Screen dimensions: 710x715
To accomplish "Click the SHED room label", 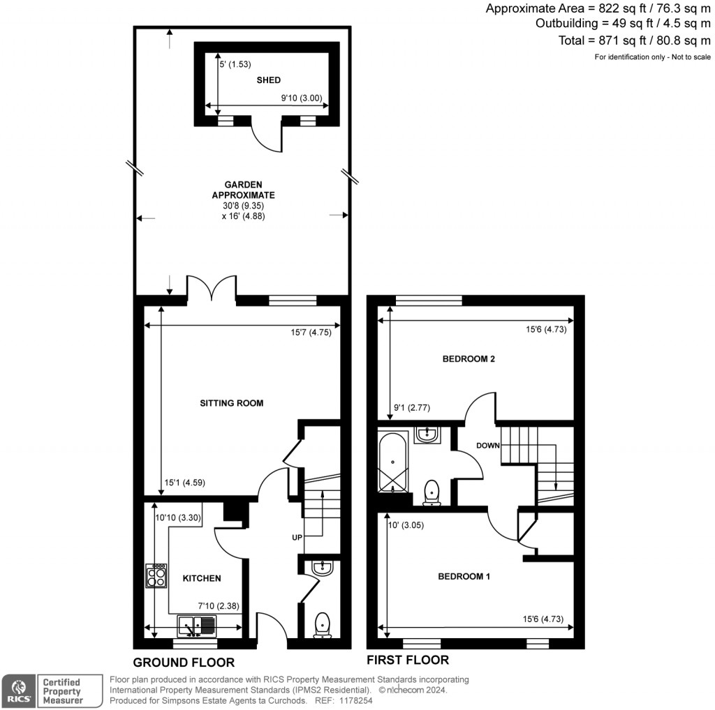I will pos(269,80).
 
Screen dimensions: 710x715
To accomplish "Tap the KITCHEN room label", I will pos(202,578).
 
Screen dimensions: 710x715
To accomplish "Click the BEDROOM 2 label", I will pos(469,359).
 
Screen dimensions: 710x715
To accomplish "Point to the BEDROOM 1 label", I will pos(464,576).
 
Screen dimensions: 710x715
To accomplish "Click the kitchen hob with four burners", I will pos(156,575).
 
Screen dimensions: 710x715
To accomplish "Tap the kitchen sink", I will pos(198,626).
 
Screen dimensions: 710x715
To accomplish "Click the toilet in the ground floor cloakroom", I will pos(323,625).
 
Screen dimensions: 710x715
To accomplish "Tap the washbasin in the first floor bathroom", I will pos(426,435).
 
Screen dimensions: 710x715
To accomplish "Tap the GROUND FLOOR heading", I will pos(184,662).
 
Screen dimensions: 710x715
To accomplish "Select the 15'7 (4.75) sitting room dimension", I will pos(311,332).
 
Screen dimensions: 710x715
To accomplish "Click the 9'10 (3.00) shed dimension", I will pos(301,98).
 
